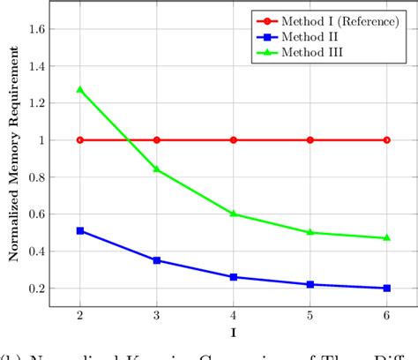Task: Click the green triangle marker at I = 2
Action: click(80, 89)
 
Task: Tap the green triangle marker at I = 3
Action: click(157, 169)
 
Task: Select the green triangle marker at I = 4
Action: click(233, 214)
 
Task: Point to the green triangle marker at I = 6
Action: click(386, 237)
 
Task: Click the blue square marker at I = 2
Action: click(80, 230)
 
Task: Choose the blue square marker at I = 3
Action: click(157, 260)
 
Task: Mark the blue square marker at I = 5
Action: click(310, 284)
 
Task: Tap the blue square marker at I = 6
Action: click(386, 288)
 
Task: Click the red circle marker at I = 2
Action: click(80, 139)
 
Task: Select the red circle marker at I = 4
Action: click(233, 139)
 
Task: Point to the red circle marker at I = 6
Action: click(386, 139)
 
